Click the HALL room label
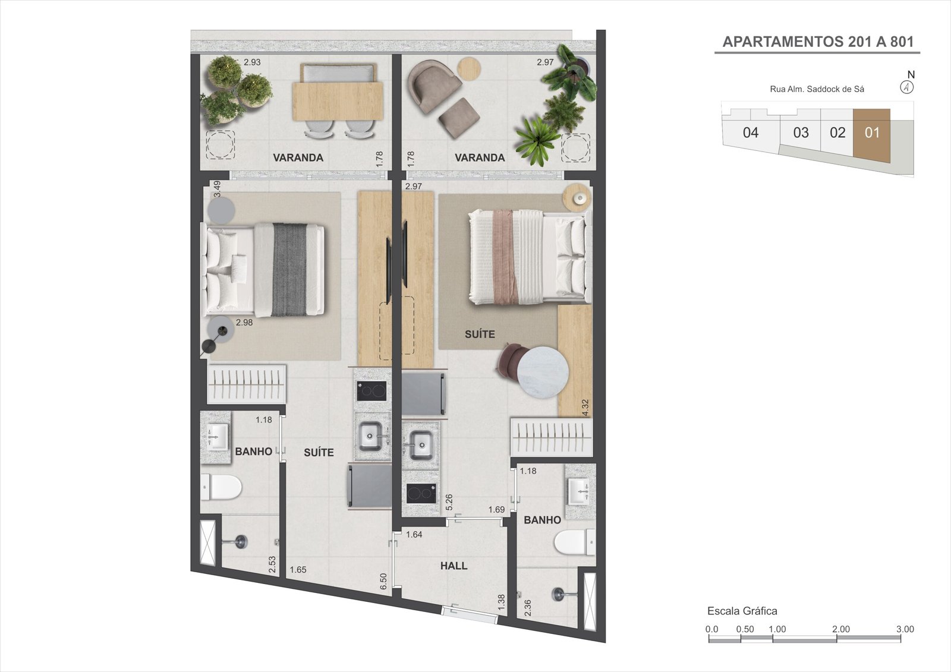tap(454, 566)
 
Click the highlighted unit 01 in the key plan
tap(871, 133)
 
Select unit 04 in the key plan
tap(751, 132)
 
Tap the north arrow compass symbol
tap(907, 87)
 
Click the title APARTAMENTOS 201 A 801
tap(817, 42)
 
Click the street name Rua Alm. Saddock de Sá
tap(817, 89)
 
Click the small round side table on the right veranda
tap(470, 68)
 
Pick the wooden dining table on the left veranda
tap(337, 102)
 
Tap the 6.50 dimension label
tap(383, 581)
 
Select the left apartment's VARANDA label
tap(298, 157)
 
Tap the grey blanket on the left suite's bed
tap(289, 269)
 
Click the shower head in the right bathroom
tap(559, 594)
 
